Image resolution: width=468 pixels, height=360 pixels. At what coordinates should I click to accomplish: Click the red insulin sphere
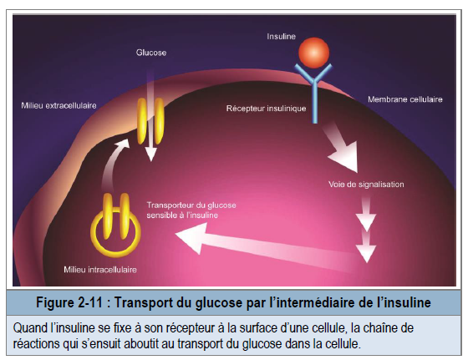[x=314, y=53]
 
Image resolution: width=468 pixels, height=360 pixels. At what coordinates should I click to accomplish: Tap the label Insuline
[x=281, y=37]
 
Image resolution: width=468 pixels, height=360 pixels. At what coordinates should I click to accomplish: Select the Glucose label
[x=151, y=53]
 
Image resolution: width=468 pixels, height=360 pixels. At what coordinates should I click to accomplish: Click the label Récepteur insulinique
[x=266, y=109]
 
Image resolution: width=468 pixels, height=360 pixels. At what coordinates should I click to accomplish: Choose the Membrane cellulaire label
[x=405, y=99]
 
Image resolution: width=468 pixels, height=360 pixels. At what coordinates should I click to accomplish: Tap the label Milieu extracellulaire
[x=58, y=105]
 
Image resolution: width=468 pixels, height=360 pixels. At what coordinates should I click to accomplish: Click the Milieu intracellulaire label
[x=100, y=270]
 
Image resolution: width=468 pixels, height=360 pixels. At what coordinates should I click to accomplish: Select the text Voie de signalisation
[x=366, y=185]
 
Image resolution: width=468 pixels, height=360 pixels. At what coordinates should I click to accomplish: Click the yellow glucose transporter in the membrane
[x=150, y=121]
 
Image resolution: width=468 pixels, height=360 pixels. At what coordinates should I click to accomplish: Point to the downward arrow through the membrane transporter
[x=151, y=116]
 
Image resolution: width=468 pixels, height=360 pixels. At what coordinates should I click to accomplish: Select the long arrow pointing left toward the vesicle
[x=266, y=246]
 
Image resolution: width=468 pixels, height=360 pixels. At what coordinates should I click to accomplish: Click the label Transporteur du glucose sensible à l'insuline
[x=191, y=210]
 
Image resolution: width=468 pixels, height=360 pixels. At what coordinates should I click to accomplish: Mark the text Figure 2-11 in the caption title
[x=69, y=302]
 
